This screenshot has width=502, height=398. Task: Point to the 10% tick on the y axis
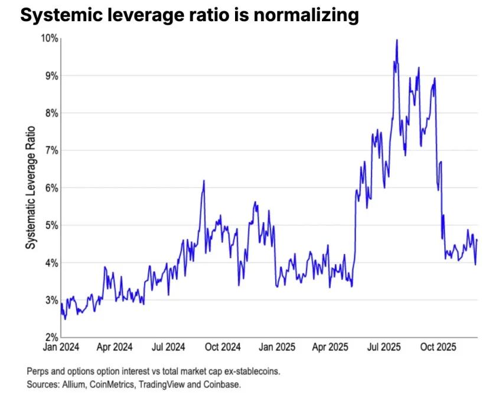(x=49, y=38)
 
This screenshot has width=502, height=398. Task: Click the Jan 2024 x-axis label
(x=61, y=347)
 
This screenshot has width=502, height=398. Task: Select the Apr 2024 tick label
(x=115, y=347)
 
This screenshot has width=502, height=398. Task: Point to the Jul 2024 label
(x=169, y=347)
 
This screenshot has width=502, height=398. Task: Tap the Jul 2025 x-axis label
(x=384, y=347)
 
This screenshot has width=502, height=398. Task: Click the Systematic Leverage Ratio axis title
(x=30, y=188)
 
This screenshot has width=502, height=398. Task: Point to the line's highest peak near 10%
(x=396, y=40)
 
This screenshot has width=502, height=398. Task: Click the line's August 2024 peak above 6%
(x=204, y=181)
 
